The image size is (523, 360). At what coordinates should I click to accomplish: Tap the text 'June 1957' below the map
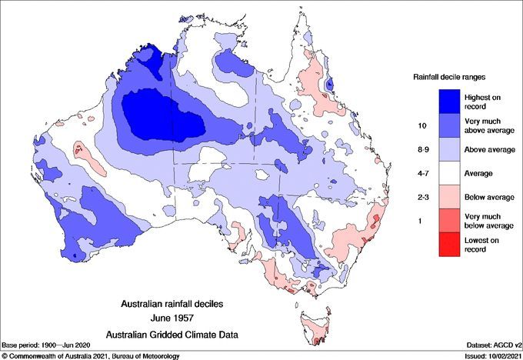pyautogui.click(x=178, y=317)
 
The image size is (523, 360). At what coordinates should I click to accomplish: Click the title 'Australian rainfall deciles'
pyautogui.click(x=178, y=304)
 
